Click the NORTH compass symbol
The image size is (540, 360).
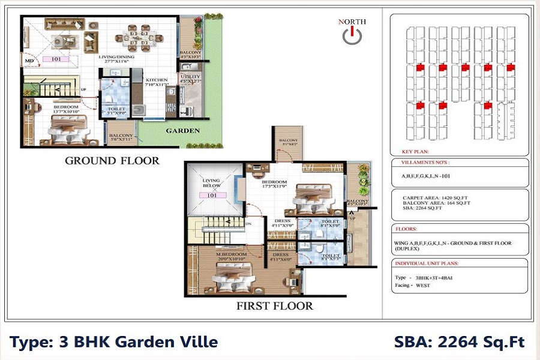352,35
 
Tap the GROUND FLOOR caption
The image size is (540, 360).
112,160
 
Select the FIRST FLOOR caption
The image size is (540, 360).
275,306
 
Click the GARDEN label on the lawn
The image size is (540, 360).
183,130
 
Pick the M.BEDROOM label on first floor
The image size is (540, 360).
231,254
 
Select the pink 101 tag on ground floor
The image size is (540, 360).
56,59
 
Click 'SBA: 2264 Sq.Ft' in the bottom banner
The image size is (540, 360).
459,343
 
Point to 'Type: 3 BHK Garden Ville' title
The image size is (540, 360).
113,343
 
